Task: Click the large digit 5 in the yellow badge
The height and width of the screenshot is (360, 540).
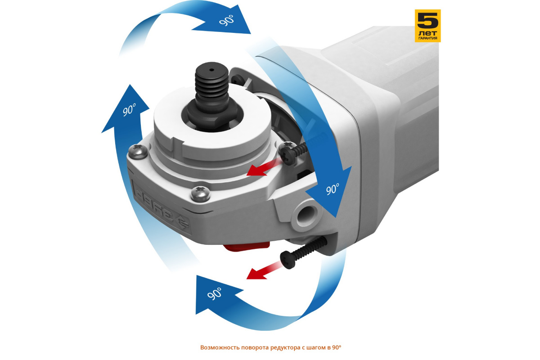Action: click(427, 20)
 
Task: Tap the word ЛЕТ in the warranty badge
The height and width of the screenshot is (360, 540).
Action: click(427, 33)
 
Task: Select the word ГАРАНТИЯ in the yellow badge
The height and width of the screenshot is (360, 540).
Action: click(427, 38)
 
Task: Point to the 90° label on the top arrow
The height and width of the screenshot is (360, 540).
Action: click(226, 20)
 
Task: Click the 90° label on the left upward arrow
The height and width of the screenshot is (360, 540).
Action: click(129, 110)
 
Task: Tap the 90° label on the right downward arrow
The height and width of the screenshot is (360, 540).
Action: click(333, 189)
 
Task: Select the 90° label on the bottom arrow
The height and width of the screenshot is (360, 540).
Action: click(214, 294)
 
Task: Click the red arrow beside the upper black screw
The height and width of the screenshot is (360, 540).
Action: click(264, 168)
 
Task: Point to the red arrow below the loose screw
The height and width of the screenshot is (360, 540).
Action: click(264, 271)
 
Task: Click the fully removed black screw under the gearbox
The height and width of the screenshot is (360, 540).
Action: click(303, 253)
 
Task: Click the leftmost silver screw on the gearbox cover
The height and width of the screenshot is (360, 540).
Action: click(138, 151)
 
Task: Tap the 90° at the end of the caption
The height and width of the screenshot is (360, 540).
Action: click(337, 347)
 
